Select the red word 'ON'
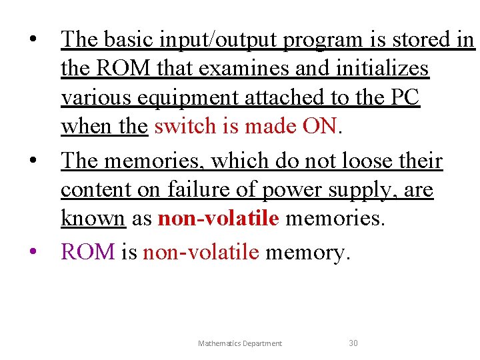tap(321, 127)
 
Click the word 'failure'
tap(198, 191)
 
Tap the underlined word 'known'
tap(93, 219)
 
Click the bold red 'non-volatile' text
tap(218, 219)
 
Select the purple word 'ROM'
tap(88, 252)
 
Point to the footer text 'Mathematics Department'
tap(240, 343)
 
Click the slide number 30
tap(353, 343)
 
